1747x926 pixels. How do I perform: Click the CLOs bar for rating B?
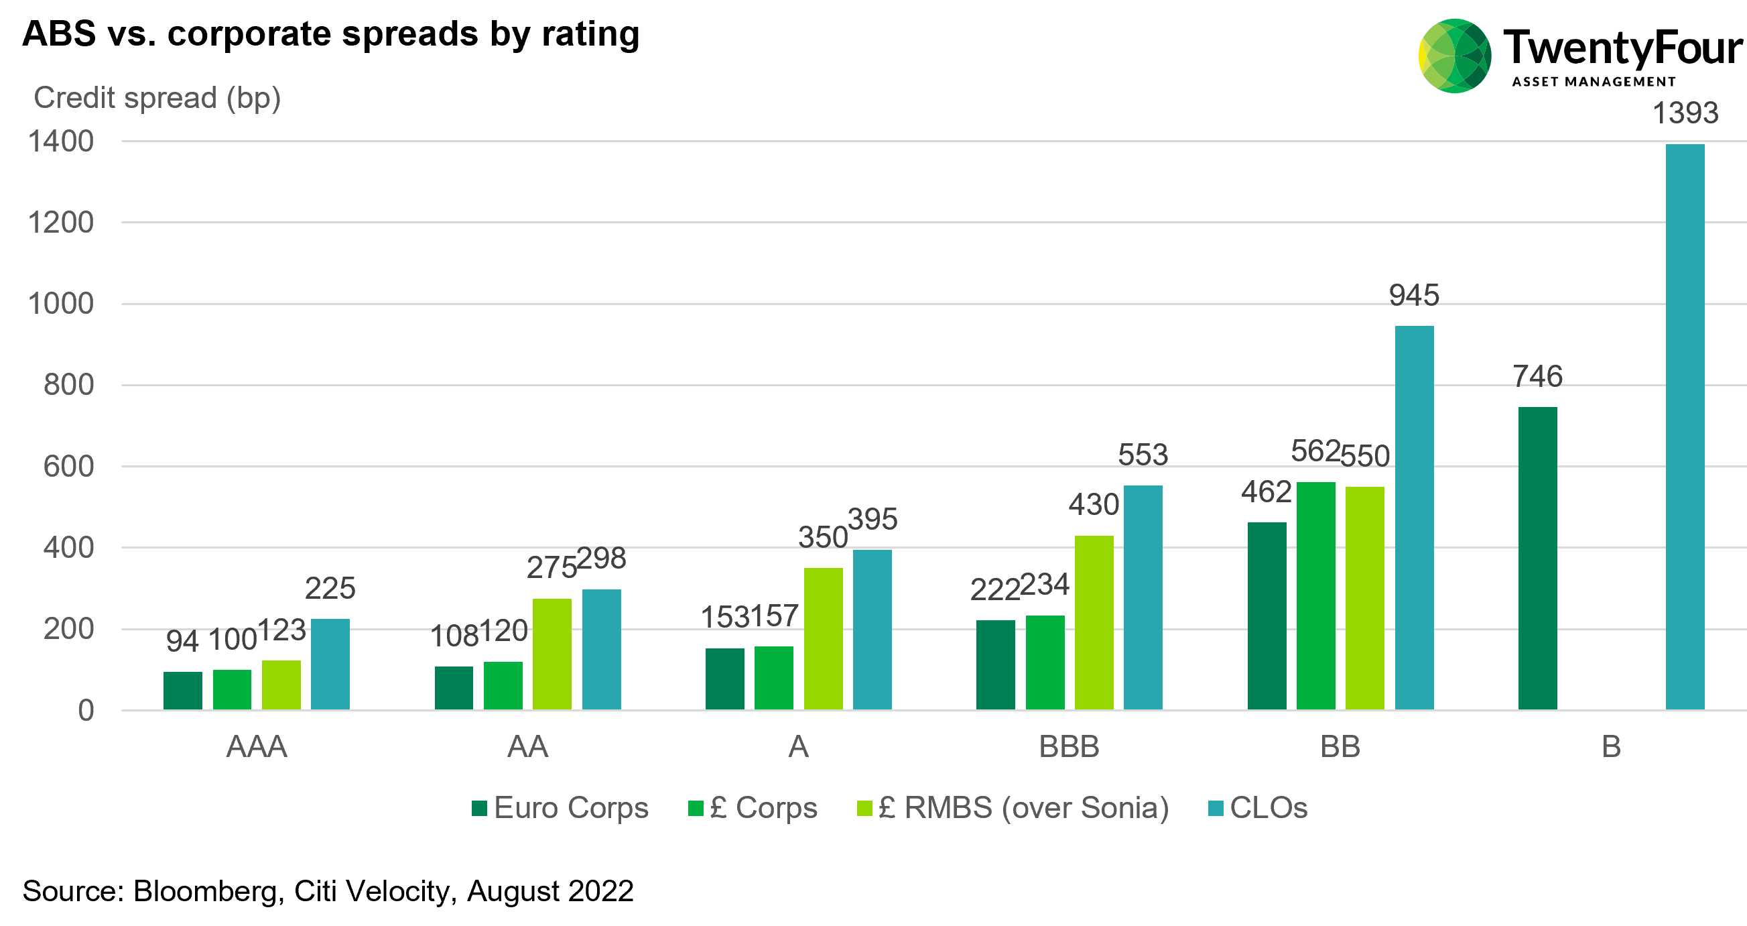(x=1685, y=427)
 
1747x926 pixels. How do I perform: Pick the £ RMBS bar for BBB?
(x=1094, y=623)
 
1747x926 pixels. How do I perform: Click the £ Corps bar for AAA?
(x=232, y=689)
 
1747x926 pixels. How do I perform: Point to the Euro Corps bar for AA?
(x=454, y=688)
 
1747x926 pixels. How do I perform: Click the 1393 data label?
(x=1685, y=113)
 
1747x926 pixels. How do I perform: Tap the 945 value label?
(x=1414, y=295)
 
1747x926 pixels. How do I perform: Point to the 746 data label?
(x=1537, y=375)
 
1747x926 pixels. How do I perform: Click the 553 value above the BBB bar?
(x=1143, y=455)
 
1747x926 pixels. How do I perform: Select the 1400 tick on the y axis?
(x=61, y=141)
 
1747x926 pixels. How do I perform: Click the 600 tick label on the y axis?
(x=68, y=467)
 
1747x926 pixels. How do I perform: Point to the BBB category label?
(x=1069, y=747)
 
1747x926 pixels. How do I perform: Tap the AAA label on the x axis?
(x=257, y=747)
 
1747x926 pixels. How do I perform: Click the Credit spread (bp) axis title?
(x=157, y=99)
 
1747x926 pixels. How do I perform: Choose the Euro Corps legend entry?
(x=560, y=808)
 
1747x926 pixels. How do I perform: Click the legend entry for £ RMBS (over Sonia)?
(x=1013, y=808)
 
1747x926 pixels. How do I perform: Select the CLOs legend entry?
(x=1258, y=808)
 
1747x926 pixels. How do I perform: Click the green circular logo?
(x=1455, y=56)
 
